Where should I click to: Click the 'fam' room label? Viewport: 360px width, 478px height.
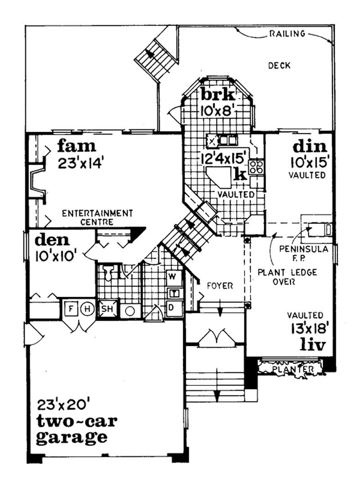pos(76,146)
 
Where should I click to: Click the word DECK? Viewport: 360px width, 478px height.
pos(279,66)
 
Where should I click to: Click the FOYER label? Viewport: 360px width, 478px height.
pos(220,286)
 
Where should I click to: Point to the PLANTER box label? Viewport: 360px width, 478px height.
pos(292,369)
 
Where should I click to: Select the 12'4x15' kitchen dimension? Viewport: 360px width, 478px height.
pos(224,158)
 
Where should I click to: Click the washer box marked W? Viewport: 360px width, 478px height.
pos(174,275)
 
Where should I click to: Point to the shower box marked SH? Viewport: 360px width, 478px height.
pos(106,309)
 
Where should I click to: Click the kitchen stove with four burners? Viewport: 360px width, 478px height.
pos(256,167)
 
